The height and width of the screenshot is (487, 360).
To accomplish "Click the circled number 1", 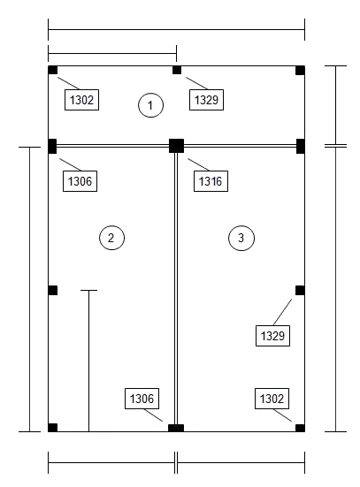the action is pyautogui.click(x=150, y=105).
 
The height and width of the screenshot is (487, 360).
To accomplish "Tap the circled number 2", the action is pyautogui.click(x=111, y=238).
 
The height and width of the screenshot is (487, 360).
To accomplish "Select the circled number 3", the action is pyautogui.click(x=241, y=238).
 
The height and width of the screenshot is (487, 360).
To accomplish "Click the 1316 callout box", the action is pyautogui.click(x=211, y=181).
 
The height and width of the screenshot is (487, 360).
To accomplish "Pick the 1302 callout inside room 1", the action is pyautogui.click(x=81, y=100).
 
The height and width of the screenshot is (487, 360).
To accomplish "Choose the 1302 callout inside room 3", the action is pyautogui.click(x=272, y=399).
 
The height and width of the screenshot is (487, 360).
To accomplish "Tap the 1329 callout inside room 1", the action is pyautogui.click(x=206, y=100).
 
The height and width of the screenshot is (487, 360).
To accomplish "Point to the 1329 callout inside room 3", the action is pyautogui.click(x=272, y=336).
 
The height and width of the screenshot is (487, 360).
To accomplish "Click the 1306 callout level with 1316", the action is pyautogui.click(x=80, y=181).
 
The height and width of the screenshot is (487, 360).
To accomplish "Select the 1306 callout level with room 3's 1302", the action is pyautogui.click(x=142, y=399).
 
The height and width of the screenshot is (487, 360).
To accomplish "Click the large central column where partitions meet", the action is pyautogui.click(x=176, y=146).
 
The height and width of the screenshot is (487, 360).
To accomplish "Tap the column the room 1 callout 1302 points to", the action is pyautogui.click(x=53, y=70).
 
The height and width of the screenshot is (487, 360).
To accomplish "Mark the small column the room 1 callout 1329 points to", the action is pyautogui.click(x=177, y=70).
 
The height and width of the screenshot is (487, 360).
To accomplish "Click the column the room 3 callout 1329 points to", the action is pyautogui.click(x=300, y=291).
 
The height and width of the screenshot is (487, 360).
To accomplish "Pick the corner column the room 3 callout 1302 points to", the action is pyautogui.click(x=300, y=428).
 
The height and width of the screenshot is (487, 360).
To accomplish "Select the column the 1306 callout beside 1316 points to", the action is pyautogui.click(x=52, y=147).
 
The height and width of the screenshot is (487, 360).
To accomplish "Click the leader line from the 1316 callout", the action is pyautogui.click(x=198, y=164).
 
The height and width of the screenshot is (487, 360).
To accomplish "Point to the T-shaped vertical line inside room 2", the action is pyautogui.click(x=89, y=361).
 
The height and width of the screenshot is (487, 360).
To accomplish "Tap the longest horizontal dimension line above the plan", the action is pyautogui.click(x=176, y=30).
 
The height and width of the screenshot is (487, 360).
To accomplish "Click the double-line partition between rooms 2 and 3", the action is pyautogui.click(x=176, y=289).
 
